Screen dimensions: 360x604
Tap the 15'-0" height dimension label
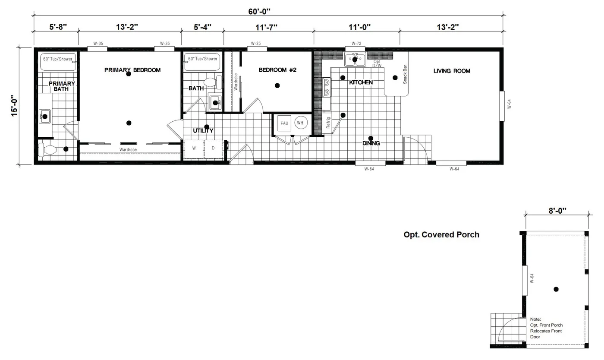(x=15, y=106)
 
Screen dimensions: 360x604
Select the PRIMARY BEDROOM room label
(x=132, y=70)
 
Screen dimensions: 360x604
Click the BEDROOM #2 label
(x=277, y=70)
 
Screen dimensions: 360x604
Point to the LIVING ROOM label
(x=452, y=71)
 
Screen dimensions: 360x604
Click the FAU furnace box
(x=284, y=123)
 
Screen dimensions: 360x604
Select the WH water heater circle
(x=300, y=123)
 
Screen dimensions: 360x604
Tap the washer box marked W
(x=194, y=148)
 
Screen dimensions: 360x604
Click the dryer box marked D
(x=213, y=148)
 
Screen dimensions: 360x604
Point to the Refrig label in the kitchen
(x=328, y=123)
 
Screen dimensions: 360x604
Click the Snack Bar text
(x=405, y=74)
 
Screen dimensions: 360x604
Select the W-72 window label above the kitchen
(x=356, y=44)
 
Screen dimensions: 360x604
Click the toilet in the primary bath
(x=47, y=150)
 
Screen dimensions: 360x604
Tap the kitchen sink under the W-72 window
(x=355, y=59)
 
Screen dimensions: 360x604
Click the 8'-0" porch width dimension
(x=557, y=211)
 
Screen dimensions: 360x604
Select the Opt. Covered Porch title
(x=441, y=235)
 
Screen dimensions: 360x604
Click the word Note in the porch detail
(x=535, y=319)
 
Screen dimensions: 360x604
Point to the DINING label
(x=371, y=143)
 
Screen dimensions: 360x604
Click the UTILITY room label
(x=203, y=131)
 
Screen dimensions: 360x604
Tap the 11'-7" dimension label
(x=266, y=27)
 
